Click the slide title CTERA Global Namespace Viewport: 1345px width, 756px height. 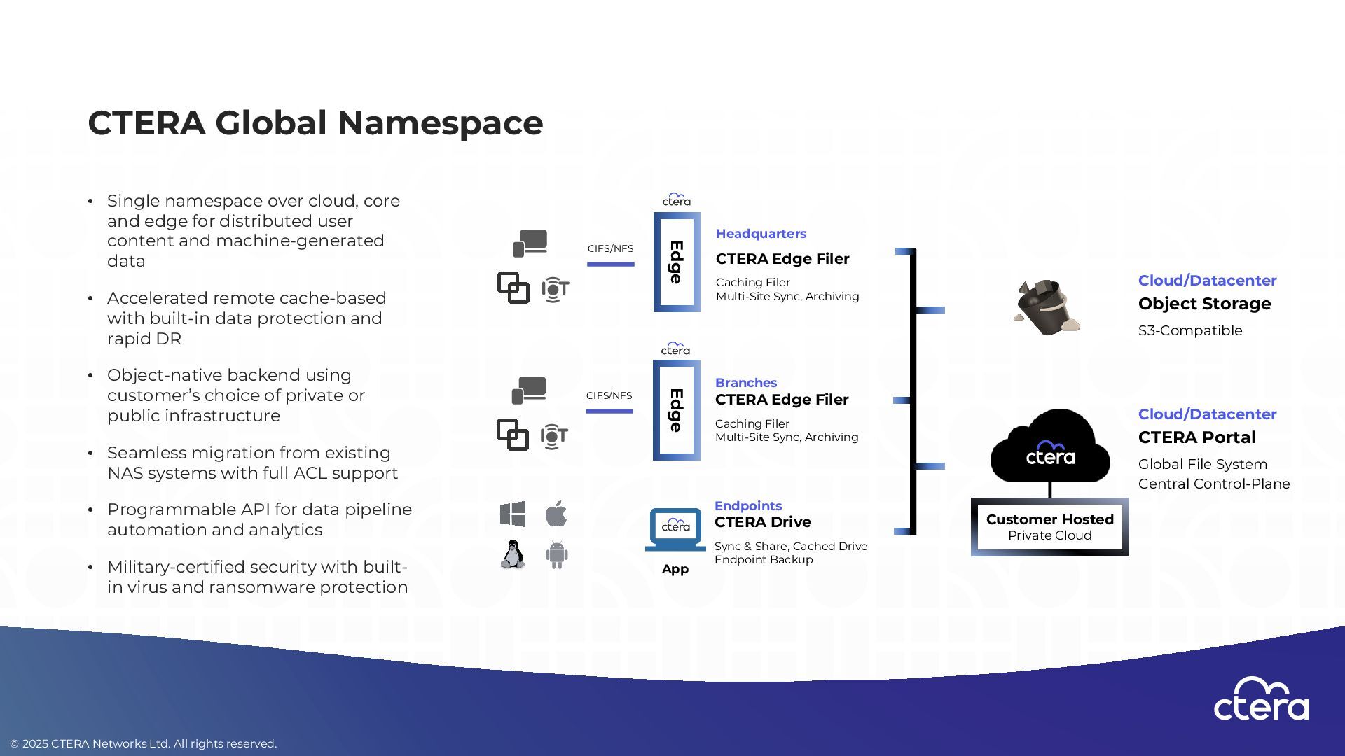315,123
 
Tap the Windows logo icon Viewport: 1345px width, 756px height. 513,514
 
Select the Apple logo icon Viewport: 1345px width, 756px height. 556,514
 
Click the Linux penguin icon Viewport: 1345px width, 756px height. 513,554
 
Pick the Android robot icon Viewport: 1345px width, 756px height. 557,555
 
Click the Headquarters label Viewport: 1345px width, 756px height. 761,234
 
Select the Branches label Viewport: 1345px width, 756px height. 746,383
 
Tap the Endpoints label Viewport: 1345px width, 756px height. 748,506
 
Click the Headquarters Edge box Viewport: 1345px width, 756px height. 677,262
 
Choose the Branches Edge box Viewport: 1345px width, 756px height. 676,410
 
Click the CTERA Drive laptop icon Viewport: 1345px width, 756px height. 675,529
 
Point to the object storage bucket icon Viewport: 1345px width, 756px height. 1046,307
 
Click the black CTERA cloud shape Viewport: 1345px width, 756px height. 1050,448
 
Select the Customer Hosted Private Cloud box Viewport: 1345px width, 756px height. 1049,527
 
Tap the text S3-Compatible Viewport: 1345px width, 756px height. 1190,331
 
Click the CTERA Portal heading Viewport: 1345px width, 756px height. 1196,437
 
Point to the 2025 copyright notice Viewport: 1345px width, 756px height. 144,743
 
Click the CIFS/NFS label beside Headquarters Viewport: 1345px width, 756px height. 610,248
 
